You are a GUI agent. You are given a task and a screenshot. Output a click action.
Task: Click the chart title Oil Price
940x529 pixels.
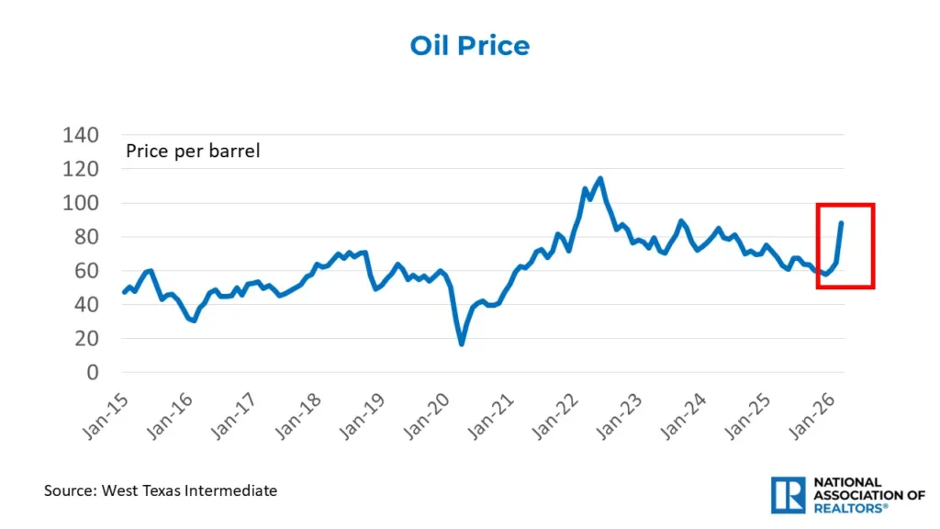[x=469, y=46]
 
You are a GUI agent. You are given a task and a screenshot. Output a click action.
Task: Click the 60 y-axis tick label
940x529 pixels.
[x=85, y=271]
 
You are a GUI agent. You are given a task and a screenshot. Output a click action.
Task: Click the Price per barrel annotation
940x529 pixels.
[x=193, y=151]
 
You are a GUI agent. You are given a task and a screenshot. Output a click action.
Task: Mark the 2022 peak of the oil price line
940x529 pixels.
[x=599, y=179]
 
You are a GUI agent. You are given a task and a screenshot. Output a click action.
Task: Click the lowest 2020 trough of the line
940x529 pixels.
[x=461, y=344]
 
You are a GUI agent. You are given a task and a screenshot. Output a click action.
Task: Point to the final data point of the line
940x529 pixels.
[x=842, y=223]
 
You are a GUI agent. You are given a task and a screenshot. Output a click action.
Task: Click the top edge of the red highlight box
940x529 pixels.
[x=845, y=205]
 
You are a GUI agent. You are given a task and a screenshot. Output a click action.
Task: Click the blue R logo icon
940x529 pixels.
[x=788, y=494]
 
